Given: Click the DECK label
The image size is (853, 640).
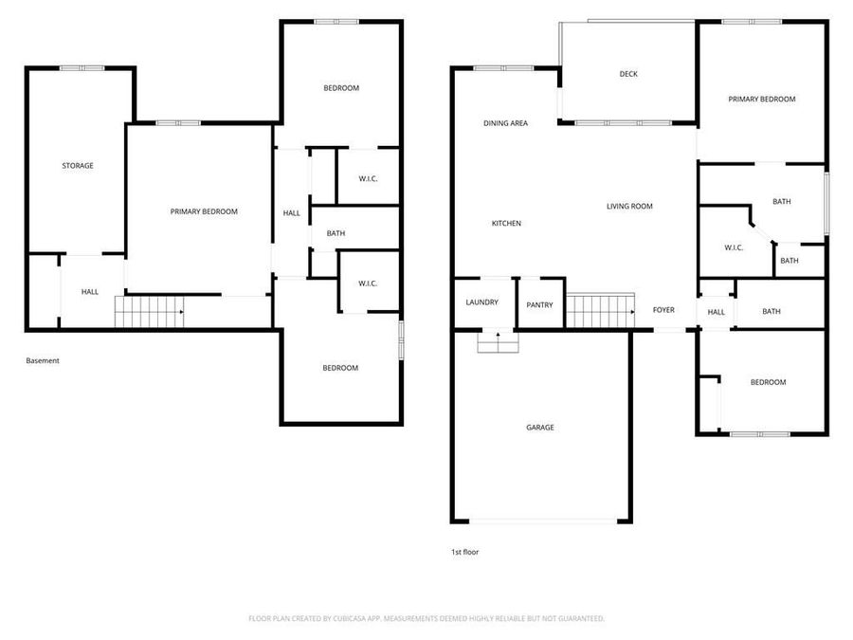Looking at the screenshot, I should (x=628, y=74).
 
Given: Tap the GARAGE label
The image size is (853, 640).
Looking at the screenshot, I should (x=540, y=428).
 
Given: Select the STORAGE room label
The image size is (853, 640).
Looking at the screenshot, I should (x=78, y=166).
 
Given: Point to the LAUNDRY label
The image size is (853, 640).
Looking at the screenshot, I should (x=482, y=302).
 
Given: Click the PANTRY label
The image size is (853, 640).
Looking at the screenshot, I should (x=540, y=305).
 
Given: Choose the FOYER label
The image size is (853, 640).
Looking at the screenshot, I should (x=663, y=310).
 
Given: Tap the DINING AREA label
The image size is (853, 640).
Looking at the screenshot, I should (x=505, y=123).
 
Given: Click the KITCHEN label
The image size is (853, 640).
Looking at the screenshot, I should (x=506, y=224).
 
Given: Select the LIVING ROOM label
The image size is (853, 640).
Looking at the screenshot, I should (x=629, y=206).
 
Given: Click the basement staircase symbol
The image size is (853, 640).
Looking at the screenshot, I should (x=149, y=311).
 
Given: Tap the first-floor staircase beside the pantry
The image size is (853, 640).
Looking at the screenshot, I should (x=600, y=311).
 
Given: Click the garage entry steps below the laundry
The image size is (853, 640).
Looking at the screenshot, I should (x=498, y=342).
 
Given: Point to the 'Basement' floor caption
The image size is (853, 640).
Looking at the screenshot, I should (x=43, y=360).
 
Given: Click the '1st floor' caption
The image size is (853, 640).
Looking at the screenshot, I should (x=464, y=552).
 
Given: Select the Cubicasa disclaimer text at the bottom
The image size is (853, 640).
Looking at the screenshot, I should (x=426, y=618).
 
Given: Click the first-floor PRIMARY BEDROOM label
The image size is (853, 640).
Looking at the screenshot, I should (x=761, y=99).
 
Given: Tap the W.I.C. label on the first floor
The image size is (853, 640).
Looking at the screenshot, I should (x=734, y=247).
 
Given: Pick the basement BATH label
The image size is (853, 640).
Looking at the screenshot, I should (x=336, y=233).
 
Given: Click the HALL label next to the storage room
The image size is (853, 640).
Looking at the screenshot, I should (x=89, y=292).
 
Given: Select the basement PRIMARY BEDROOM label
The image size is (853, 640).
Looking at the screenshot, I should (x=204, y=211).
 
